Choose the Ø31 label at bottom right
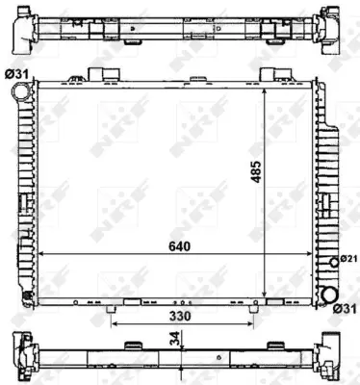[x=345, y=308]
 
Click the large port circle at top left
[x=20, y=92]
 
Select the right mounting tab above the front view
[x=262, y=74]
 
